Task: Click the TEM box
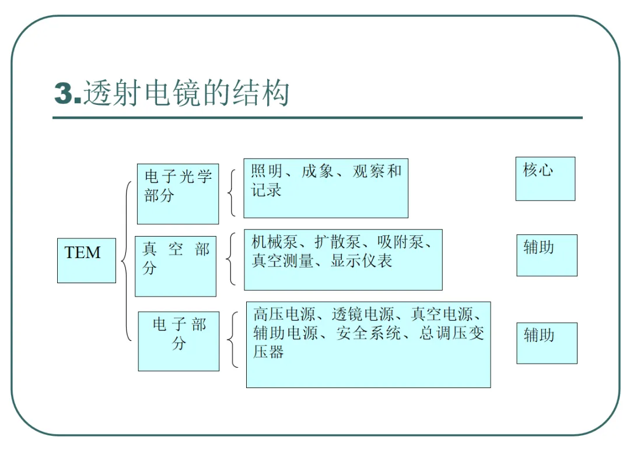click(86, 260)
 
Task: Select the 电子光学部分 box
click(178, 194)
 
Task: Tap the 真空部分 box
click(176, 266)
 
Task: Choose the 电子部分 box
click(178, 341)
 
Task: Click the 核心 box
click(545, 179)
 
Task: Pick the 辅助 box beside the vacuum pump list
click(547, 255)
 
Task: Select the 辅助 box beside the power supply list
click(547, 343)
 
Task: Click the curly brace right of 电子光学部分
click(232, 193)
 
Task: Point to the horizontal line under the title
click(317, 118)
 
